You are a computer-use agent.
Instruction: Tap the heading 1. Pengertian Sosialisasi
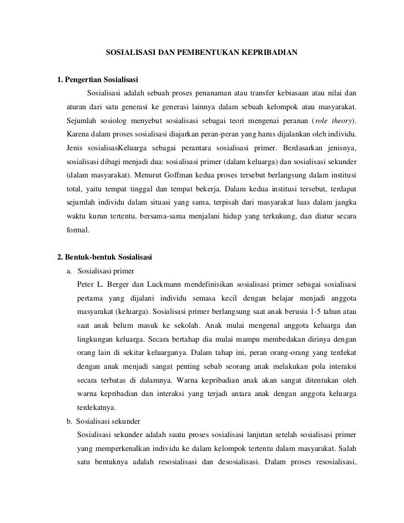pyautogui.click(x=98, y=78)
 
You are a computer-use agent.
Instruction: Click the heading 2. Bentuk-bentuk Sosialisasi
pyautogui.click(x=105, y=257)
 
